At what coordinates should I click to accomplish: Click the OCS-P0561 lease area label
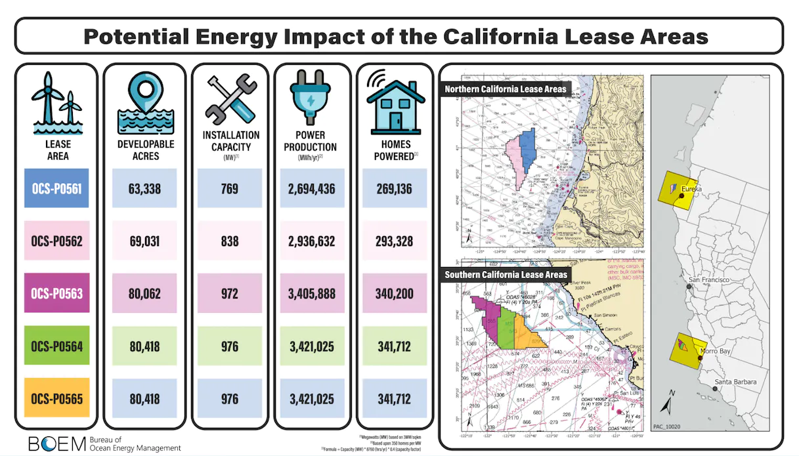56,189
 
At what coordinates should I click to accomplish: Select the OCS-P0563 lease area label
56,293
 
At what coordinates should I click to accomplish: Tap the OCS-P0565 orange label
56,398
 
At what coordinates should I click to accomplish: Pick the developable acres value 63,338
144,189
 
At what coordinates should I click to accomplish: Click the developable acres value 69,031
144,241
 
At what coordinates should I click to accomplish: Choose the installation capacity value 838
230,241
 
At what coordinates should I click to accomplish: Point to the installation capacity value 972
230,293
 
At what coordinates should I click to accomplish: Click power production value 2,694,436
313,189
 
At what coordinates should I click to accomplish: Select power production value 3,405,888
313,293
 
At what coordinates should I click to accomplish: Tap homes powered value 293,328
395,241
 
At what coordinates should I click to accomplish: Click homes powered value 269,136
395,189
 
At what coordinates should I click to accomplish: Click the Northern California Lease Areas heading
505,89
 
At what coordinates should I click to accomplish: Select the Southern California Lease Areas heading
506,274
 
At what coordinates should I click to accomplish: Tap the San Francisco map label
710,280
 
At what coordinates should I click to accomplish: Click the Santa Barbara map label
735,382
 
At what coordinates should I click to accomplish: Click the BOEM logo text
57,444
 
